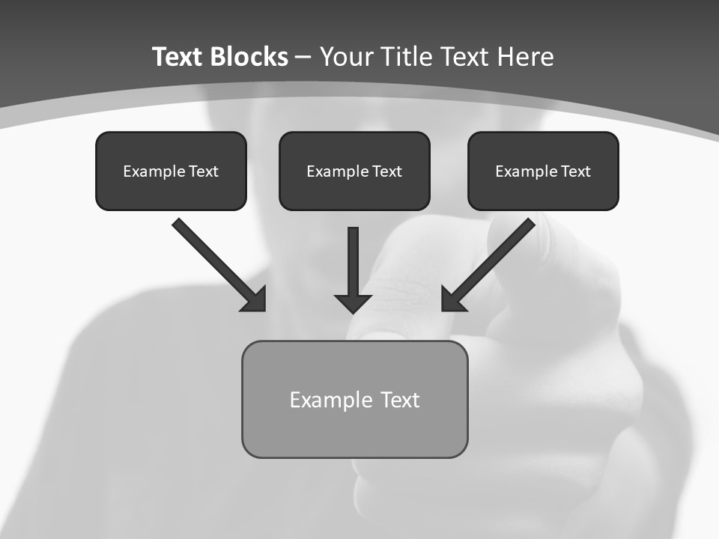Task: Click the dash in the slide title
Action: coord(303,58)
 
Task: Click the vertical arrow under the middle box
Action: coord(354,262)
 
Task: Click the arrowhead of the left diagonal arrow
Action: coord(255,299)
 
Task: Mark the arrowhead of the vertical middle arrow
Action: coord(354,302)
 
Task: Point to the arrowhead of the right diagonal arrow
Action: coord(452,299)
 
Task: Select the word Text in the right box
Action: coord(575,171)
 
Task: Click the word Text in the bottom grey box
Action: coord(400,400)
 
